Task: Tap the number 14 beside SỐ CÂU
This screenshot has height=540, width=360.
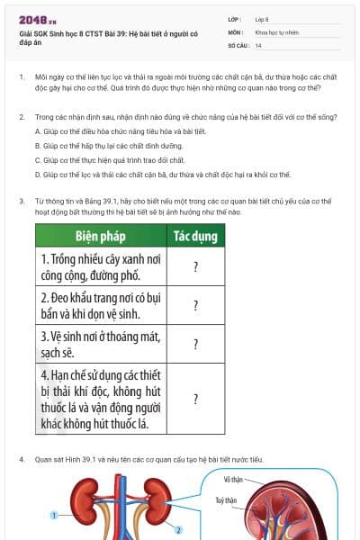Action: (259, 45)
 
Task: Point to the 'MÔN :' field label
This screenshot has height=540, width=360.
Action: (236, 31)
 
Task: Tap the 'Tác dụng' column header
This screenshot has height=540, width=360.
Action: (195, 237)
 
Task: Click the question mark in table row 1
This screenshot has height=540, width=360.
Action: (195, 266)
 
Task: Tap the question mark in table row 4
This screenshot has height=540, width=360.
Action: (195, 399)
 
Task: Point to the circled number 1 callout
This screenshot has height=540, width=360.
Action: (54, 516)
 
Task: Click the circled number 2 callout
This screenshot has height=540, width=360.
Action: (178, 530)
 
